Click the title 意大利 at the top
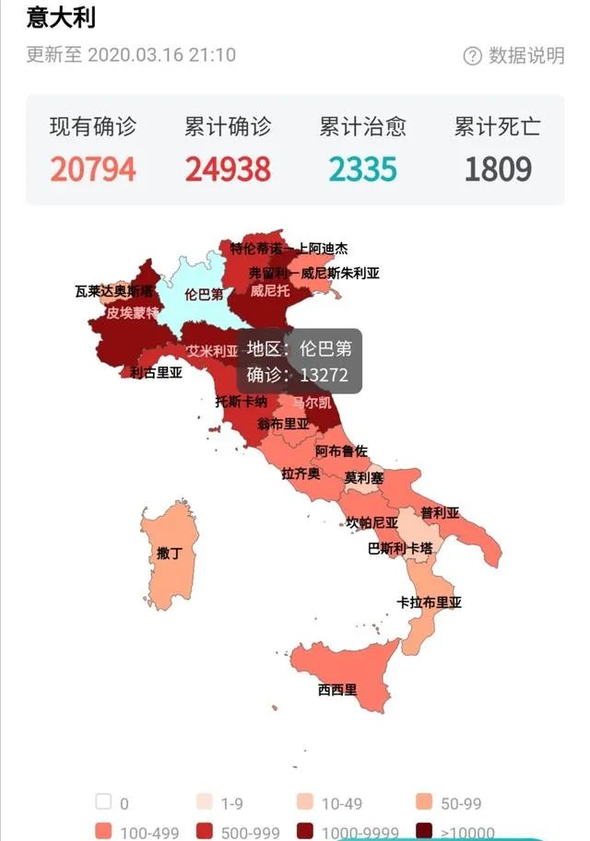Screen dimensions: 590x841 pyautogui.click(x=61, y=18)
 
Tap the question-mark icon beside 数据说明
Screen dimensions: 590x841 pyautogui.click(x=473, y=56)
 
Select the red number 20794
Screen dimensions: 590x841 pyautogui.click(x=93, y=169)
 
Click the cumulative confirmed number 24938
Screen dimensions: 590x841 pyautogui.click(x=228, y=169)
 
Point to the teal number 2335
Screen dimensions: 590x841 pyautogui.click(x=362, y=169)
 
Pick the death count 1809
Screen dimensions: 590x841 pyautogui.click(x=498, y=169)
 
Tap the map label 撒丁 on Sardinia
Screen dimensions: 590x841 pyautogui.click(x=169, y=554)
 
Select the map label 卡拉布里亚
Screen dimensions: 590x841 pyautogui.click(x=429, y=603)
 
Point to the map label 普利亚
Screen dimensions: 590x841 pyautogui.click(x=440, y=513)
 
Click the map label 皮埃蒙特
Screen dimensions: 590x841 pyautogui.click(x=132, y=312)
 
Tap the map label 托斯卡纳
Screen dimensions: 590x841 pyautogui.click(x=241, y=402)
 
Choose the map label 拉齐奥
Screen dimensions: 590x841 pyautogui.click(x=301, y=473)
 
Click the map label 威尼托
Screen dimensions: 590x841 pyautogui.click(x=269, y=291)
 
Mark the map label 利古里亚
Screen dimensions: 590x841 pyautogui.click(x=156, y=373)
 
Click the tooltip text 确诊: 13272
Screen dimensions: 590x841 pyautogui.click(x=298, y=376)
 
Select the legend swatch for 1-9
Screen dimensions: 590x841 pyautogui.click(x=205, y=802)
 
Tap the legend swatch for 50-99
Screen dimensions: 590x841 pyautogui.click(x=425, y=802)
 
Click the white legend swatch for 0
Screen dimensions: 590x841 pyautogui.click(x=103, y=802)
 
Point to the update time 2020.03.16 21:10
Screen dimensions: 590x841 pyautogui.click(x=161, y=54)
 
